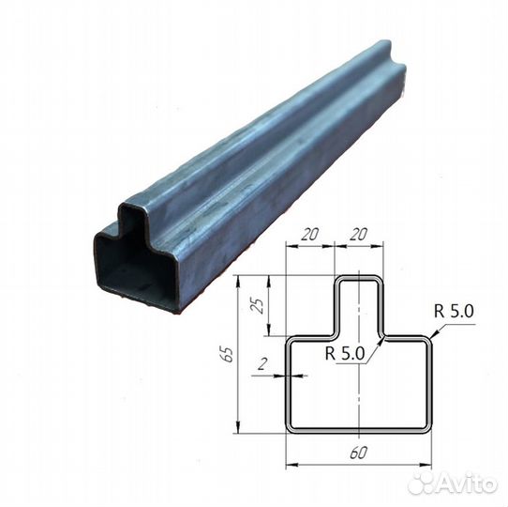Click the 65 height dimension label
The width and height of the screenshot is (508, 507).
click(227, 354)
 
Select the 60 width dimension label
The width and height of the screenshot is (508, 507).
click(358, 453)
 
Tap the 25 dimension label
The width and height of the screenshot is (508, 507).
click(258, 305)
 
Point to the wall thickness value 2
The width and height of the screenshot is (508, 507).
click(262, 364)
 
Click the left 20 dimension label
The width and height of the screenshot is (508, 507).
click(309, 234)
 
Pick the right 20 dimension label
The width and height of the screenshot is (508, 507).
click(358, 234)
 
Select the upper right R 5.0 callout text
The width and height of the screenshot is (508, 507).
click(454, 311)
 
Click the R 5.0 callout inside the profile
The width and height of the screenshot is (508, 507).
click(345, 353)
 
